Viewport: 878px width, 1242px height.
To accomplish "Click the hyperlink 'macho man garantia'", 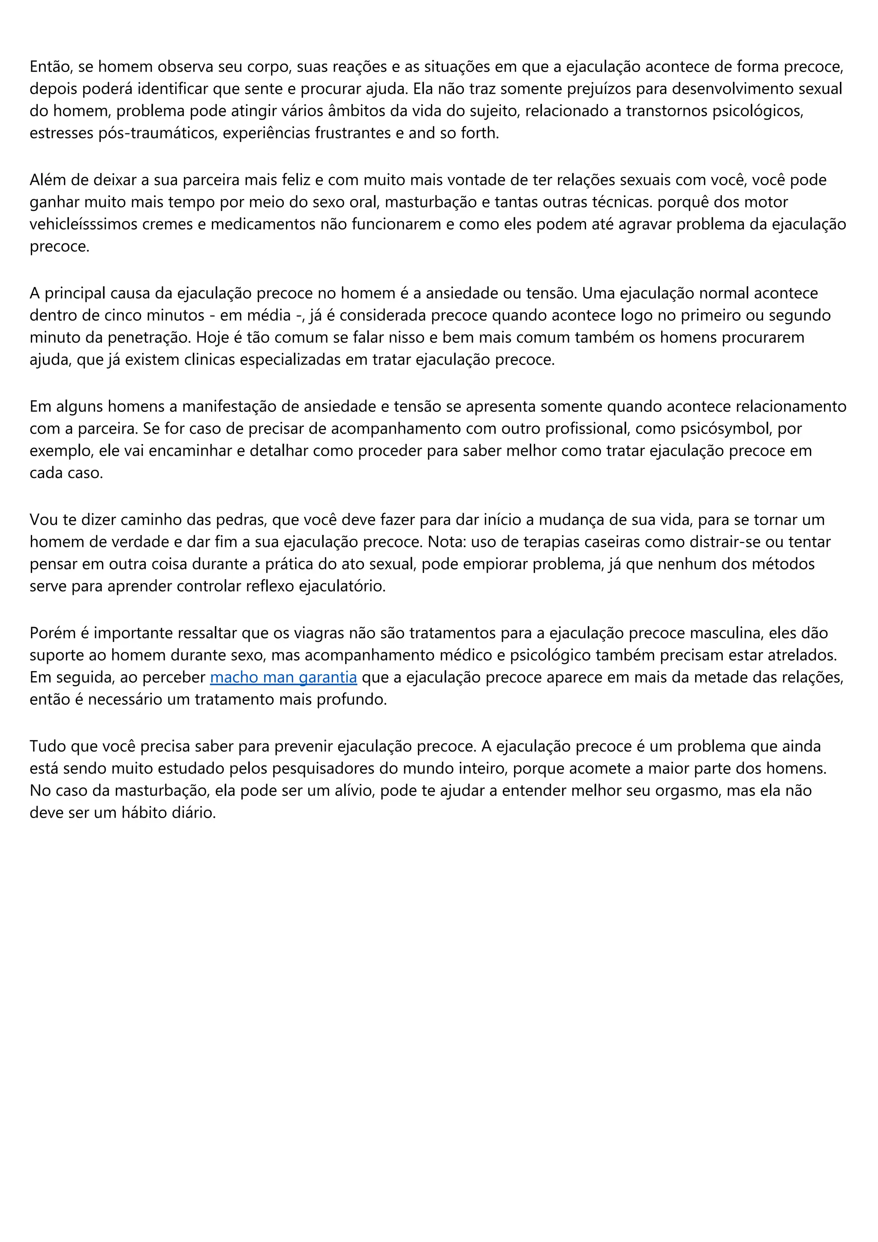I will pyautogui.click(x=283, y=677).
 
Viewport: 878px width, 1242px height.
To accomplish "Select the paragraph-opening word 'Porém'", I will pyautogui.click(x=52, y=633).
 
